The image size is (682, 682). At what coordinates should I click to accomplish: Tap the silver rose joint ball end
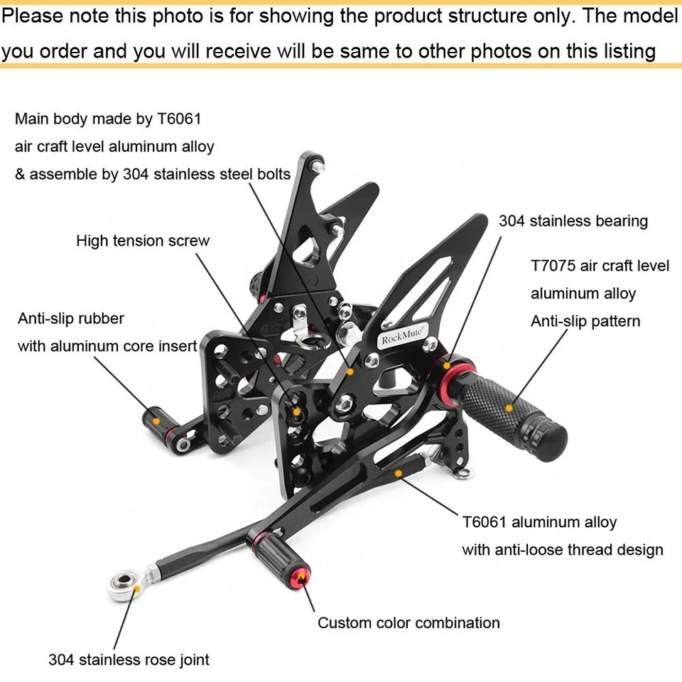click(121, 586)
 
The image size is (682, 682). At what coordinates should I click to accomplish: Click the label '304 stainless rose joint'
click(129, 659)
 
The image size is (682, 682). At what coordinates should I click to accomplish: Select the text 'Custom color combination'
click(408, 623)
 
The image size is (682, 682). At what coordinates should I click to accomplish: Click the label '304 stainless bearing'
click(573, 221)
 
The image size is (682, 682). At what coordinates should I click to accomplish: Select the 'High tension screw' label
click(143, 241)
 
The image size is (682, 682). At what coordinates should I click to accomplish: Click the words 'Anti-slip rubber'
click(71, 318)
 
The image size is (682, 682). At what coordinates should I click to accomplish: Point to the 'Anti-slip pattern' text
click(585, 321)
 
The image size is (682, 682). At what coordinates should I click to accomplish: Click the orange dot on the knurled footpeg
click(509, 408)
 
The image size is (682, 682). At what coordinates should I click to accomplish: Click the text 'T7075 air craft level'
click(600, 266)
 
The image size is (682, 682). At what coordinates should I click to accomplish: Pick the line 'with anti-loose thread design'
click(562, 550)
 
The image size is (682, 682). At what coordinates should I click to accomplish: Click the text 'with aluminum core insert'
click(107, 346)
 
